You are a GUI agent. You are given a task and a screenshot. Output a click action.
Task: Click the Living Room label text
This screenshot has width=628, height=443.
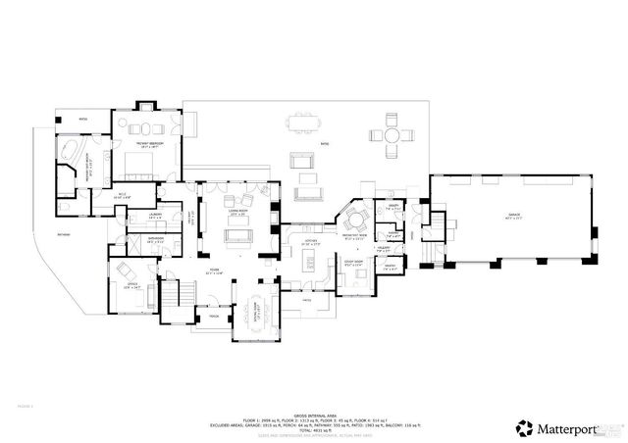(x=238, y=211)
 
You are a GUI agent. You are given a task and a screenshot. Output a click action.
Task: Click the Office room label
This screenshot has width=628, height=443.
(x=131, y=285)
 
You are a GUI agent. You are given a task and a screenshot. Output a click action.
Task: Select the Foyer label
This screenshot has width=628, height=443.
(x=212, y=271)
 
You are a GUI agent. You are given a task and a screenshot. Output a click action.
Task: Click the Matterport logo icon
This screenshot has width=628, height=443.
(x=524, y=427)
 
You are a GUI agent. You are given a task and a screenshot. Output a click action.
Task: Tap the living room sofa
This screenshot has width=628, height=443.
(x=238, y=235)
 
